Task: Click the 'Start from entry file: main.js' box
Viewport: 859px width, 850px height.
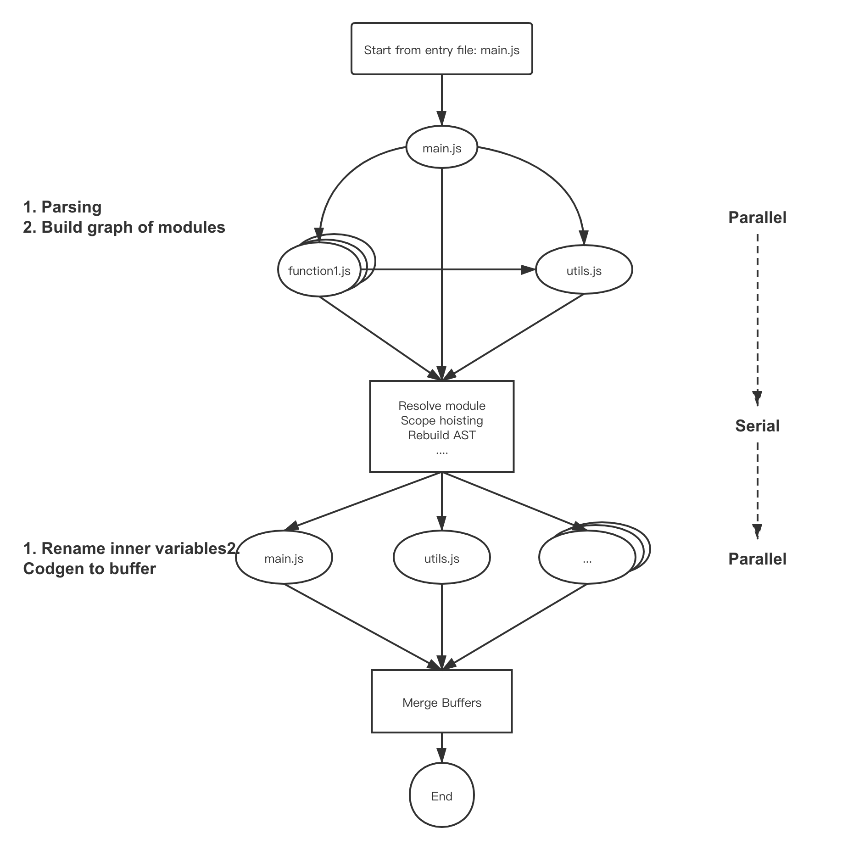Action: coord(441,49)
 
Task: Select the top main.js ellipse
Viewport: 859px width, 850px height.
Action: coord(441,148)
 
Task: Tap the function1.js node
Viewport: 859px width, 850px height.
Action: coord(319,271)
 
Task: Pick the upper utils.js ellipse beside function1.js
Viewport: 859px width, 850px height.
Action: coord(584,271)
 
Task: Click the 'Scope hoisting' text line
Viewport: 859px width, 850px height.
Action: coord(441,420)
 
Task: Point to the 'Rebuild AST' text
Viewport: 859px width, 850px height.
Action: coord(441,435)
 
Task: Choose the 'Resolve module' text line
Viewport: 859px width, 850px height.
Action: coord(441,406)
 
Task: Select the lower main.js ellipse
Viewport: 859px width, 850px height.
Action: coord(284,558)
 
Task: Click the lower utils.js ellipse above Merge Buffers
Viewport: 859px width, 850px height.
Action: coord(441,558)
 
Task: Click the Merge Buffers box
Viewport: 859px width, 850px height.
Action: coord(441,703)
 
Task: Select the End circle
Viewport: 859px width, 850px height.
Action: coord(441,796)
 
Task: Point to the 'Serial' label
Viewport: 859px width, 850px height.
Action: coord(757,426)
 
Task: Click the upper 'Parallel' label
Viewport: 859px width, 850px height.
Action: coord(757,218)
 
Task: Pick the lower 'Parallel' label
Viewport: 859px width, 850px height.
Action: coord(757,559)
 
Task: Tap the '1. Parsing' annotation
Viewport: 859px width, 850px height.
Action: coord(62,207)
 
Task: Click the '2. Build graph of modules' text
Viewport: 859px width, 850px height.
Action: coord(124,227)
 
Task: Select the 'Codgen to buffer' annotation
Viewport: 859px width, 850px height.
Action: coord(89,569)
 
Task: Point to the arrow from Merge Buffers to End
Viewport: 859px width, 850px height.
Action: coord(441,748)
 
